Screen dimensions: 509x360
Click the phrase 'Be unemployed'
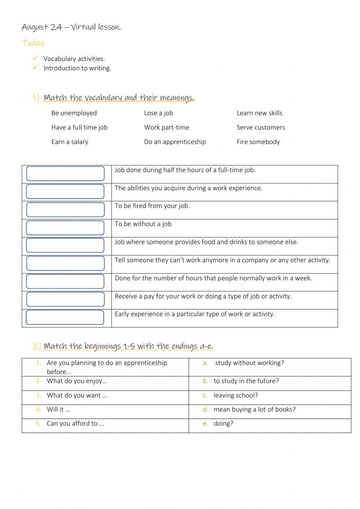tap(74, 113)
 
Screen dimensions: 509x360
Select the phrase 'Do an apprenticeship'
tap(175, 142)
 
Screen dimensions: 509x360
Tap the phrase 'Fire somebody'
tap(258, 142)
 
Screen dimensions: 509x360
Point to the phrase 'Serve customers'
tap(261, 128)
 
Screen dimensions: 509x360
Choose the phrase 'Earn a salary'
tap(69, 142)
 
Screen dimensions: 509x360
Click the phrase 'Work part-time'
tap(166, 128)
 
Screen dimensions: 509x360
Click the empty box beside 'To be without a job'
tap(65, 228)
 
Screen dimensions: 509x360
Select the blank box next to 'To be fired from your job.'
tap(65, 210)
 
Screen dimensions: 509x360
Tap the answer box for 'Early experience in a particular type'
tap(65, 317)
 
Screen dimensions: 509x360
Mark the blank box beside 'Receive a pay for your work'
tap(65, 299)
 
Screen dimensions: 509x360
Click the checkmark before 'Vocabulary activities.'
tap(35, 58)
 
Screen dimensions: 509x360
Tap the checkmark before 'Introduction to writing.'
tap(35, 67)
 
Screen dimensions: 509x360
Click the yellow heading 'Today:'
tap(33, 43)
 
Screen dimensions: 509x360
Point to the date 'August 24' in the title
tap(42, 27)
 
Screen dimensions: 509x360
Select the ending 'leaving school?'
tap(236, 396)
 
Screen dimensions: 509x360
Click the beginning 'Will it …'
tap(58, 410)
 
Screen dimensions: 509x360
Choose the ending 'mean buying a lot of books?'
tap(255, 410)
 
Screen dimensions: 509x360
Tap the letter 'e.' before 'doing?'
tap(205, 424)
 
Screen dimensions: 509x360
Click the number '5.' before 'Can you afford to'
tap(39, 424)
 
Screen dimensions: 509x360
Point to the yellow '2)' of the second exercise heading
tap(37, 347)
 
